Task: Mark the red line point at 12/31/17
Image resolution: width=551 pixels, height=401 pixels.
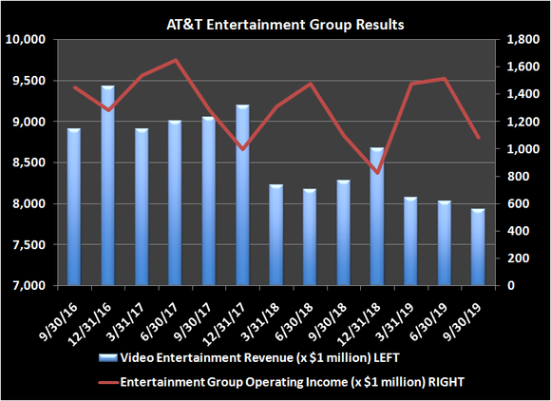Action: tap(242, 149)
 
